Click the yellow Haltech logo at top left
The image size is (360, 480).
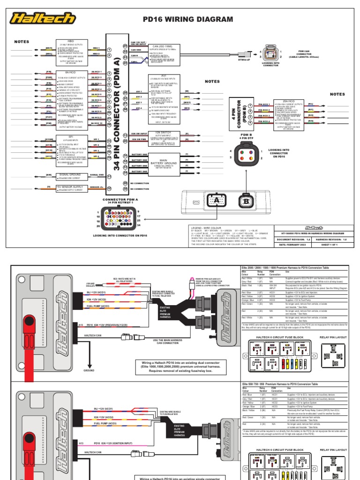pyautogui.click(x=44, y=19)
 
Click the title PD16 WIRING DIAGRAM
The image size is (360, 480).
pyautogui.click(x=187, y=19)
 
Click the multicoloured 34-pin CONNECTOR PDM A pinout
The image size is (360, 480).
pyautogui.click(x=115, y=217)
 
